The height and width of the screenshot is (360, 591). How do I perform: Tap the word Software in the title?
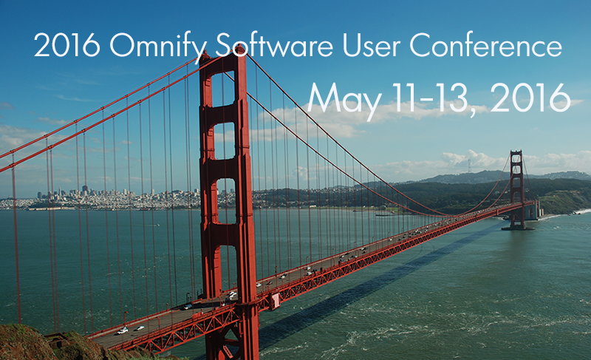click(274, 44)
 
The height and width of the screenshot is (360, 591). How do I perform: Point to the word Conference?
click(485, 45)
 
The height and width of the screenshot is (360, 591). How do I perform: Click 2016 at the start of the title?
click(67, 45)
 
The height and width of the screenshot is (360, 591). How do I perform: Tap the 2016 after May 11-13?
click(530, 98)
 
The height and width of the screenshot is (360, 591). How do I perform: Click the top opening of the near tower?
click(223, 89)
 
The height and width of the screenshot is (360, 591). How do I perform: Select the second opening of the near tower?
click(225, 140)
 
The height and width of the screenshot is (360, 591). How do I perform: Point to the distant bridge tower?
click(517, 189)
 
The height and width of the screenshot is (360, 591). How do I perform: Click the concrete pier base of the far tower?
click(518, 228)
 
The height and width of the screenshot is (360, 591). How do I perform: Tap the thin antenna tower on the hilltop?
click(469, 166)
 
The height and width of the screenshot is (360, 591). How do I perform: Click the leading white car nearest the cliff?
click(122, 331)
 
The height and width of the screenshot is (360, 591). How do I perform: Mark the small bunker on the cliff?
click(57, 340)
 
